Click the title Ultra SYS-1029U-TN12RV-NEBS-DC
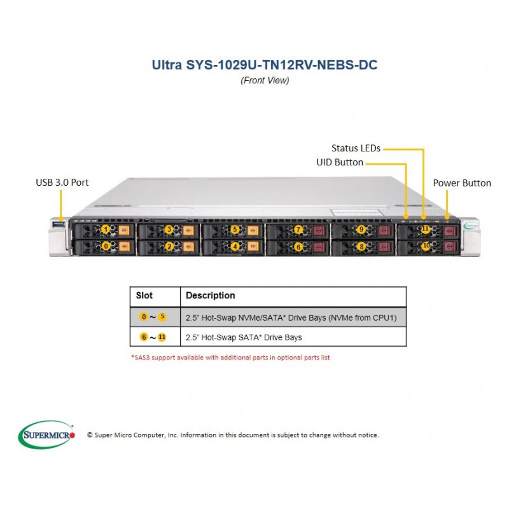tap(265, 65)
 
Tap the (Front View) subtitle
tap(265, 81)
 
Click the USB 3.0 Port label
tap(62, 183)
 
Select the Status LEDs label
tap(356, 148)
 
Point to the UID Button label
tap(340, 162)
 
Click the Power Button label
tap(462, 183)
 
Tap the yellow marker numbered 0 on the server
tap(106, 246)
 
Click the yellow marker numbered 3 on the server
tap(169, 230)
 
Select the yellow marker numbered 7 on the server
tap(298, 230)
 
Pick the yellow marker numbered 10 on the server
tap(426, 246)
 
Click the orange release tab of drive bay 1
tap(123, 230)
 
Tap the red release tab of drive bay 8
tap(384, 247)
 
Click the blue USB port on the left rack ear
tap(59, 224)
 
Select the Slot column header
tap(144, 295)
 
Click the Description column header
tap(211, 295)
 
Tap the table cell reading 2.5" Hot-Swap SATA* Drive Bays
tap(244, 338)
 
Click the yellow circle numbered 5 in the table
tap(162, 316)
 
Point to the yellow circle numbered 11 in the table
tap(162, 337)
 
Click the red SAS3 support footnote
tap(230, 358)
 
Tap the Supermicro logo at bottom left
tap(46, 435)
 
